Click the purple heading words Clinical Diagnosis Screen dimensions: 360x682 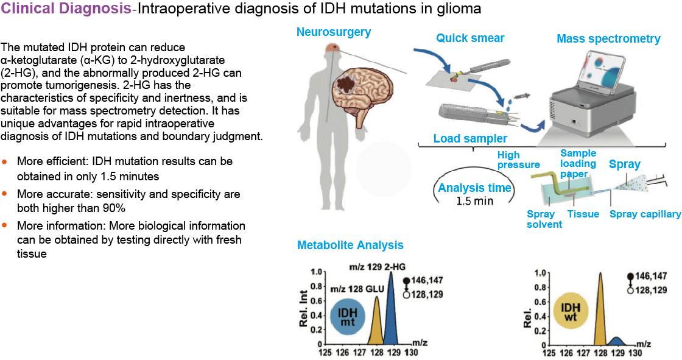pos(66,9)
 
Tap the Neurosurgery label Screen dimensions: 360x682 pos(334,32)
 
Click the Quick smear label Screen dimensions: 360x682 pos(470,38)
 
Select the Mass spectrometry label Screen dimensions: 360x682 pos(608,39)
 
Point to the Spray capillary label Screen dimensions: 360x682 pos(645,214)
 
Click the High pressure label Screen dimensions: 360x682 pos(518,160)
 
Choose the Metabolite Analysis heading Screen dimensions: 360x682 pos(350,245)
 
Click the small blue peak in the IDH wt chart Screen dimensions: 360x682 pos(618,341)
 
